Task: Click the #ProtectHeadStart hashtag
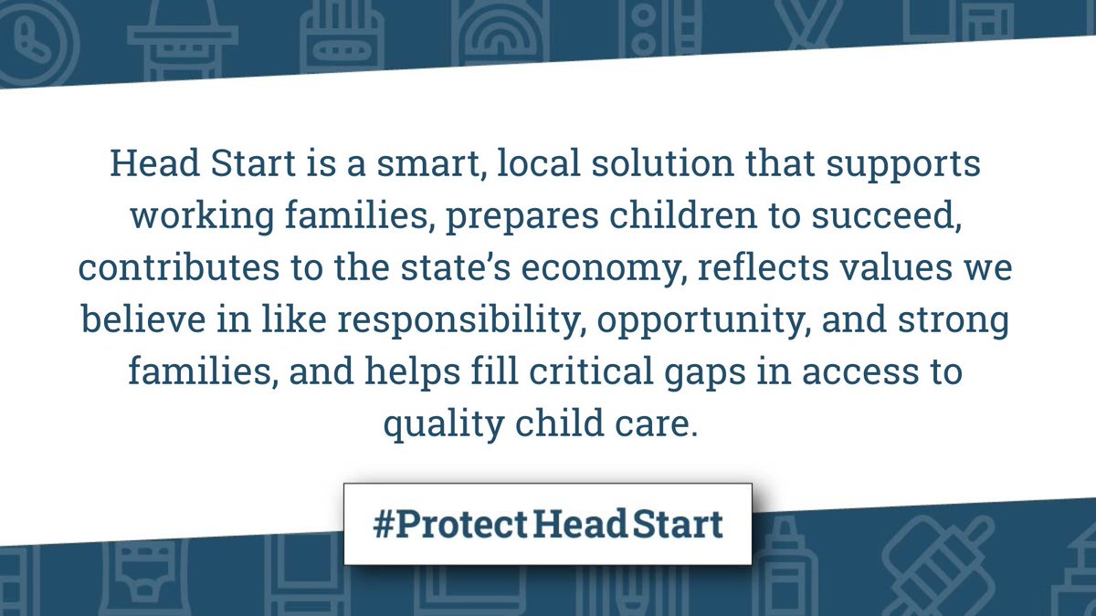(548, 524)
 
